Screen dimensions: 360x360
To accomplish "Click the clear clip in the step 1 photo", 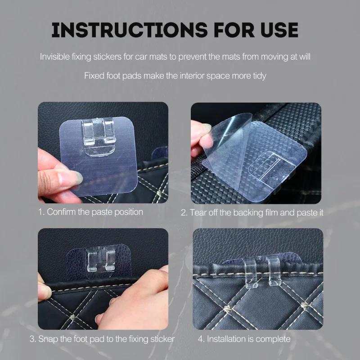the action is click(x=98, y=136).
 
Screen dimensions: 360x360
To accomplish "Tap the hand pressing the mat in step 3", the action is click(x=130, y=306).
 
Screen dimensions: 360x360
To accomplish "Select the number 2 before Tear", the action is click(x=184, y=212).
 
